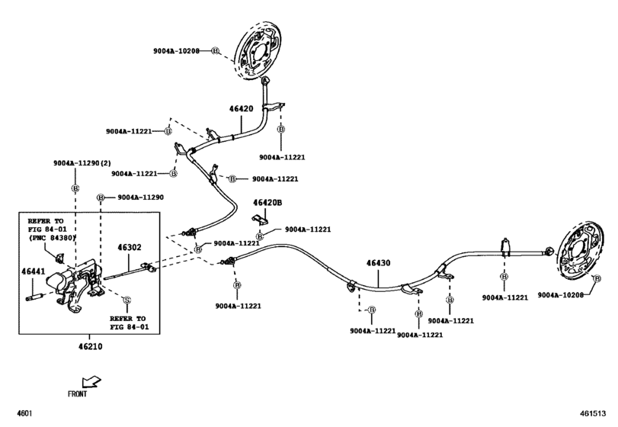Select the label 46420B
(x=267, y=202)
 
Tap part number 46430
(x=378, y=263)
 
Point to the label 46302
(x=130, y=247)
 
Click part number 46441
(x=33, y=271)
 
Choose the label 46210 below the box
(x=89, y=346)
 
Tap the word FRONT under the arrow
(x=76, y=394)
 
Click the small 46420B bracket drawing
(x=261, y=220)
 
